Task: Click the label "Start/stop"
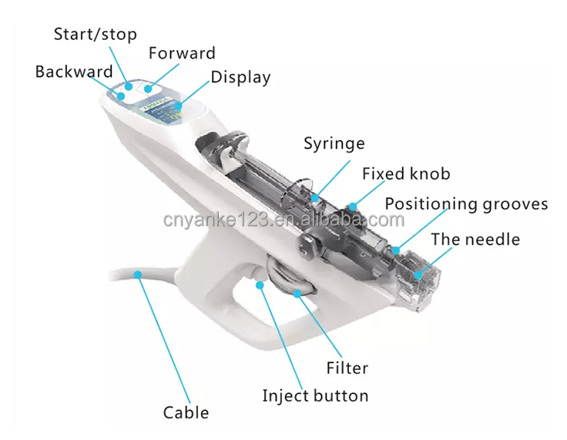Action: (x=95, y=33)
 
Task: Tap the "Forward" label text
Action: (x=182, y=53)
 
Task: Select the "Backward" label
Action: (x=73, y=72)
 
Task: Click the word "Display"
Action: (x=240, y=76)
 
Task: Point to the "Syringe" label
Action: (x=334, y=143)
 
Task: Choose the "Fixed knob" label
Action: (x=406, y=173)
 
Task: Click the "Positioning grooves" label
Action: (x=466, y=203)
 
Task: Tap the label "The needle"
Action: (x=475, y=239)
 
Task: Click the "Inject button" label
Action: (x=315, y=395)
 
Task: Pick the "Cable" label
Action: (x=186, y=412)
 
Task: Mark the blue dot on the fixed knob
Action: (x=351, y=206)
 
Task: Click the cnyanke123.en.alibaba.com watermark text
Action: (x=283, y=220)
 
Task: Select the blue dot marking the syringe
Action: (x=315, y=197)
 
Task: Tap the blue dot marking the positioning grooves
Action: (x=394, y=250)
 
